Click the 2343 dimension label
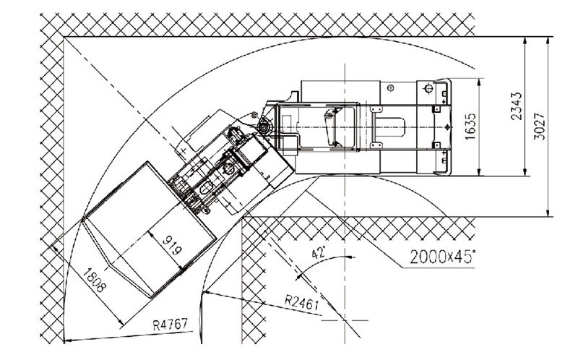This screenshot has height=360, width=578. (x=517, y=106)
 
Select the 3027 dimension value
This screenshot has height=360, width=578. (x=539, y=127)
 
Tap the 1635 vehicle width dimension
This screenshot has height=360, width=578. (x=470, y=127)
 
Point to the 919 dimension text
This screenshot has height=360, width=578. (x=172, y=245)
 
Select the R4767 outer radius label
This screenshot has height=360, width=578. (x=171, y=325)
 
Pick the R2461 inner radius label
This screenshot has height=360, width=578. (x=301, y=303)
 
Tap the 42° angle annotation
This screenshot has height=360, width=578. (x=319, y=253)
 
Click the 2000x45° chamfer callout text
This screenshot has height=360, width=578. (x=442, y=257)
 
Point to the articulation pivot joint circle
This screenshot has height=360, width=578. (x=263, y=127)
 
